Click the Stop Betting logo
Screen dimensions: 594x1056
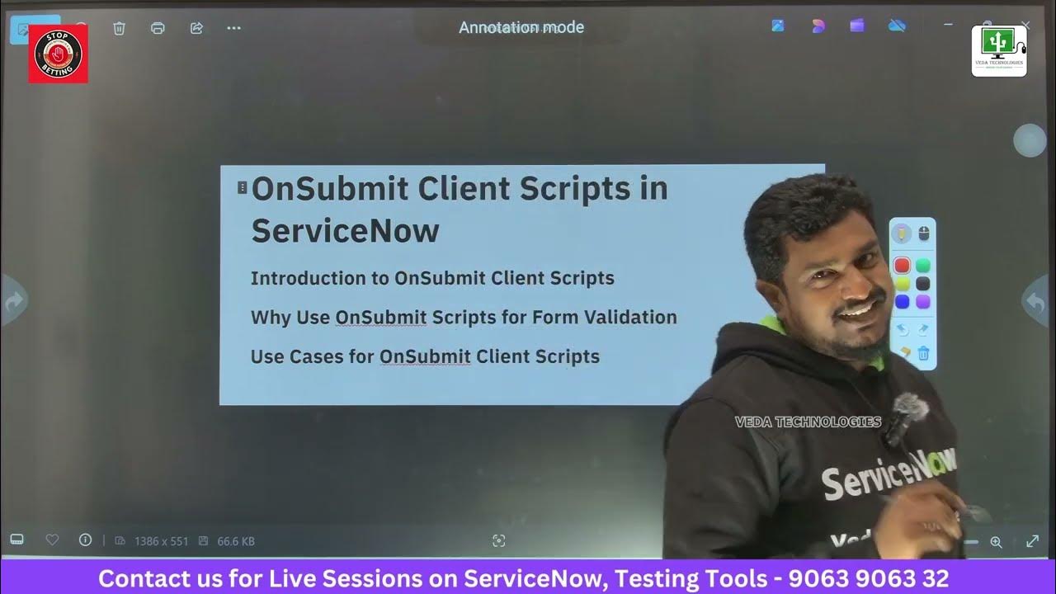click(x=59, y=54)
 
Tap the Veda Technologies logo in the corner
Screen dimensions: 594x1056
click(x=998, y=51)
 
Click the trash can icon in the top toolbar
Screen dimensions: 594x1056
click(x=119, y=28)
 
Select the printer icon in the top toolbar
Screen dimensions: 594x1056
click(x=158, y=28)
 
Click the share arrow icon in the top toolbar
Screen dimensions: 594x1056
click(x=196, y=28)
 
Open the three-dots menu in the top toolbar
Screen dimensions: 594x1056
click(x=233, y=28)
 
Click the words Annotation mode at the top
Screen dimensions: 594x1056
click(x=521, y=27)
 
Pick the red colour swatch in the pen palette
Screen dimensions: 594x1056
click(x=902, y=266)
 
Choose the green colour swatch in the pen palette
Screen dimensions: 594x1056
click(x=923, y=266)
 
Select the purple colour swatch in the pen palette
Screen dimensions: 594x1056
click(x=923, y=302)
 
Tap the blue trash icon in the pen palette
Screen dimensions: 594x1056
click(x=923, y=354)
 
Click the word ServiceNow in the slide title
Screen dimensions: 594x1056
click(x=345, y=230)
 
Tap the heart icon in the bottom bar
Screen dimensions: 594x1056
click(x=52, y=540)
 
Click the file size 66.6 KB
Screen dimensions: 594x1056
click(x=235, y=541)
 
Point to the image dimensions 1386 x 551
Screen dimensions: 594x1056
click(x=162, y=541)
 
